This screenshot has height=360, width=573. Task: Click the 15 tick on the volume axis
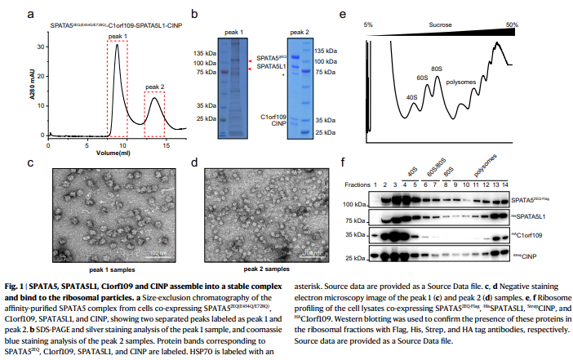[x=165, y=145]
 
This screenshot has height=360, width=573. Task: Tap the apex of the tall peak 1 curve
[x=118, y=46]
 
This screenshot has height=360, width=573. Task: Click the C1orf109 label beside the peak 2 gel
[x=274, y=118]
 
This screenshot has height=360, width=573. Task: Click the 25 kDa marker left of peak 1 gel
[x=204, y=119]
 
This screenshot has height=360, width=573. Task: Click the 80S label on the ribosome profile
[x=437, y=68]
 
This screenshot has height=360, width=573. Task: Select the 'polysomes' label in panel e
[x=463, y=82]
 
